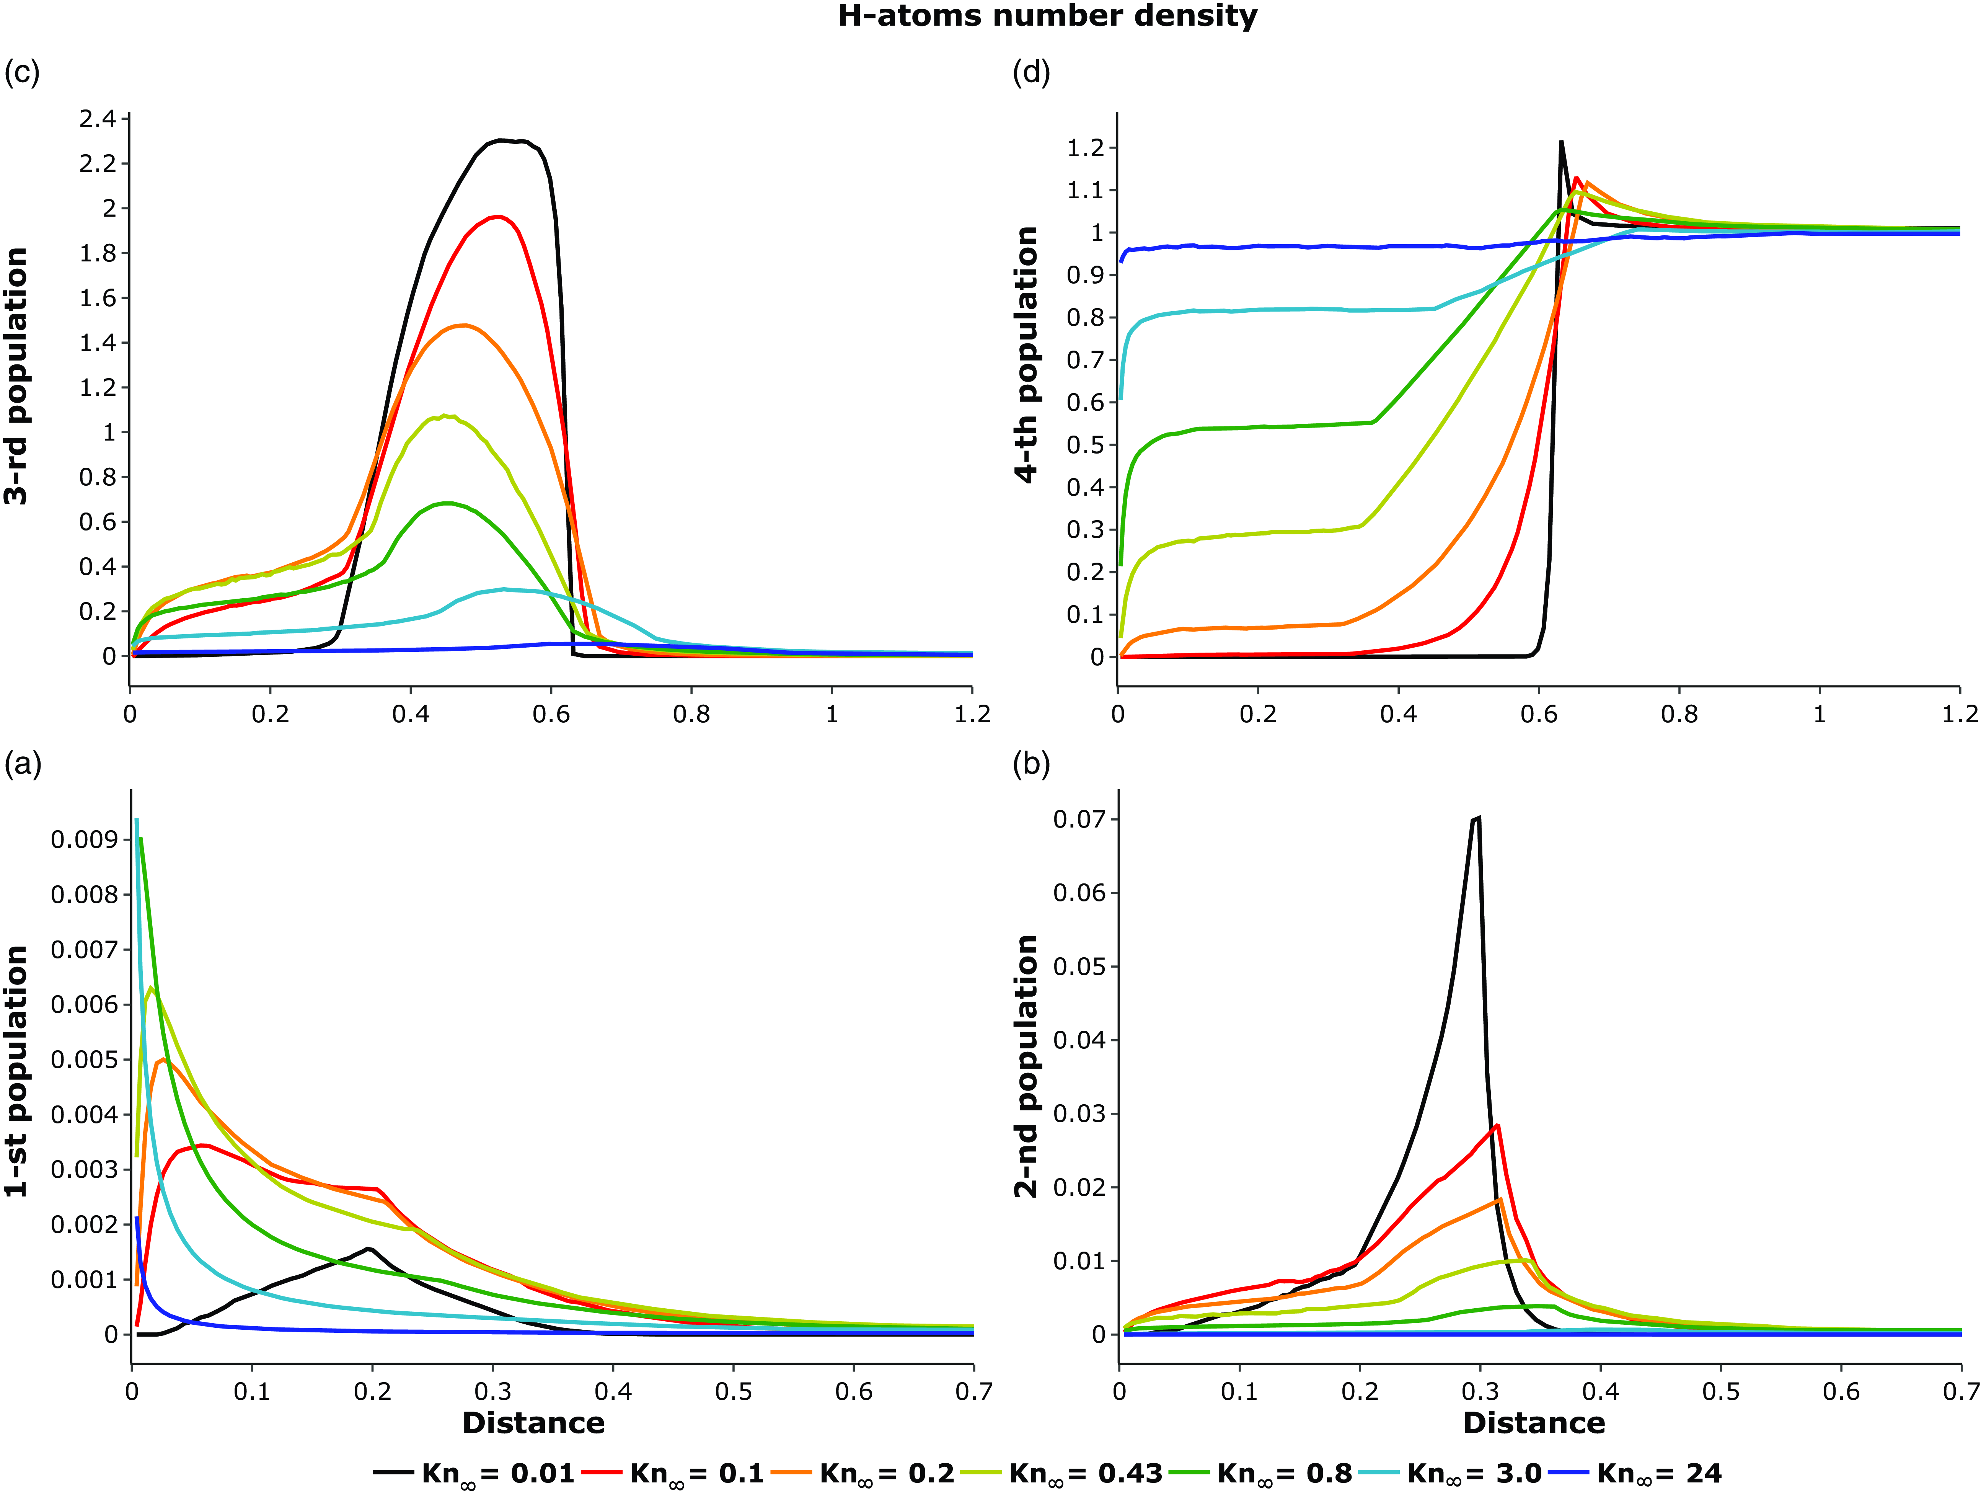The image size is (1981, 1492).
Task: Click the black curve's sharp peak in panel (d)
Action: pos(1561,142)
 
